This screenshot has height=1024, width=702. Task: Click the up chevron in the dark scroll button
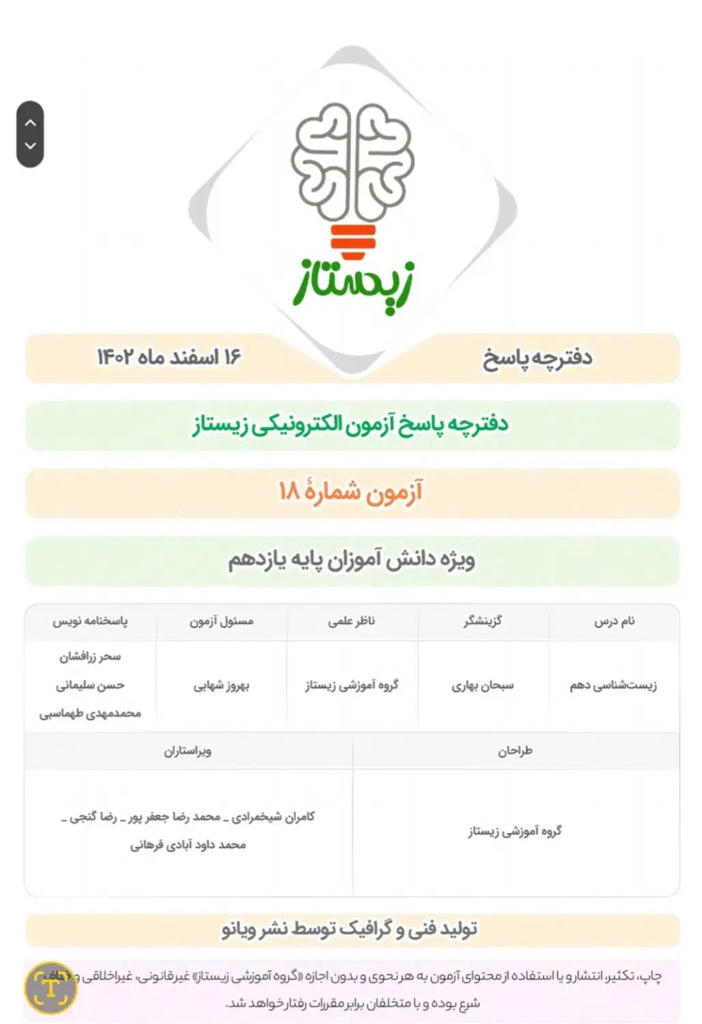tap(30, 123)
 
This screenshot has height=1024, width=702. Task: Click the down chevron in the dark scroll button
tap(30, 145)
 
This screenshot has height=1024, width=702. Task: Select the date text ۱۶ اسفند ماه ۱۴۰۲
tap(169, 357)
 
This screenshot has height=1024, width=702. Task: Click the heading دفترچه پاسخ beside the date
tap(537, 358)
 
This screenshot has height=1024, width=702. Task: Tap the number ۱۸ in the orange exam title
tap(290, 491)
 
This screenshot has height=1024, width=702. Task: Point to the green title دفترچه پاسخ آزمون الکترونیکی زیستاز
tap(350, 424)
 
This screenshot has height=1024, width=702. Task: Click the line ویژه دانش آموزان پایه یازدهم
tap(352, 560)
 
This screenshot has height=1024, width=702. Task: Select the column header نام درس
tap(614, 621)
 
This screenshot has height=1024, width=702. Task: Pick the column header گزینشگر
tap(483, 621)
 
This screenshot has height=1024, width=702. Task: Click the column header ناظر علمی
tap(352, 621)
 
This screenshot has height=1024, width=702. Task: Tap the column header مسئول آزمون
tap(221, 621)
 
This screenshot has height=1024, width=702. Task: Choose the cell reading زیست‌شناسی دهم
tap(613, 685)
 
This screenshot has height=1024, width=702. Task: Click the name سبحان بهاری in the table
tap(482, 685)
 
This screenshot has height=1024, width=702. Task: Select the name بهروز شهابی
tap(221, 685)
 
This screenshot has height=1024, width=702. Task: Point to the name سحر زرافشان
tap(90, 657)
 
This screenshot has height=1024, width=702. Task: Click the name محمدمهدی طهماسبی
tap(90, 713)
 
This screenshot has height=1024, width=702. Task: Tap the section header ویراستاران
tap(188, 751)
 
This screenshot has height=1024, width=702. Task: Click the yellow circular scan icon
tap(51, 988)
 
